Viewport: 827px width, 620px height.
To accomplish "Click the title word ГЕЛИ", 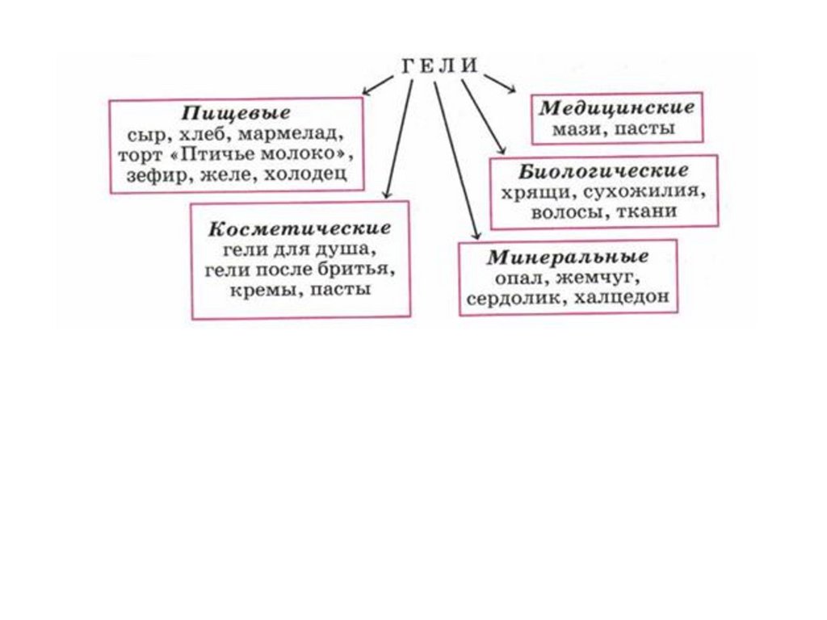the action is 439,66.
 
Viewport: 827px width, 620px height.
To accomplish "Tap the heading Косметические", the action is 299,228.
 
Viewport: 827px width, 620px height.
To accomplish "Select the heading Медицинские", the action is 617,107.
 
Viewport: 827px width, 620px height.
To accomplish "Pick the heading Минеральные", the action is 568,258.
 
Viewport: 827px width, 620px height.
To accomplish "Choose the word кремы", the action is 260,288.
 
